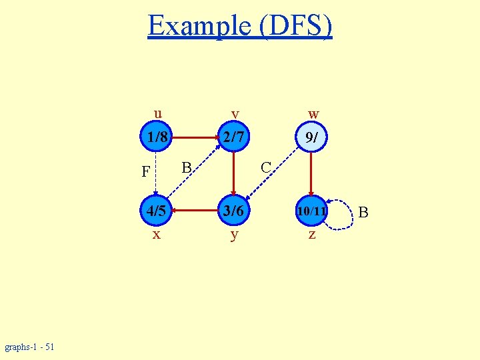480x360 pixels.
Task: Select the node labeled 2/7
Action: (x=234, y=138)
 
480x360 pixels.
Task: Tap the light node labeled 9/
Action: (x=311, y=138)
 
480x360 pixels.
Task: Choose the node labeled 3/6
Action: (x=234, y=211)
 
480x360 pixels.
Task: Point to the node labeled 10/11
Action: (x=311, y=211)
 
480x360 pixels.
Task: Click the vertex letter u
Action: (x=157, y=112)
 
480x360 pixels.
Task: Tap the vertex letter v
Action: (x=235, y=114)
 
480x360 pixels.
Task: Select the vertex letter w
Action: (x=313, y=114)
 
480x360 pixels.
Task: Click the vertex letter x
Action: (x=156, y=235)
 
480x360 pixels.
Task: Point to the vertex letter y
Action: (x=234, y=235)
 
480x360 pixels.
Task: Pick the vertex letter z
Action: (x=311, y=235)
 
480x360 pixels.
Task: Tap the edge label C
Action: (x=265, y=167)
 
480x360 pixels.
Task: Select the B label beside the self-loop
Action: (x=363, y=213)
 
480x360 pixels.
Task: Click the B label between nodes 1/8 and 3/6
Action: (x=187, y=166)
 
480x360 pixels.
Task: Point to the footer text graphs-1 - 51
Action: (x=30, y=347)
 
